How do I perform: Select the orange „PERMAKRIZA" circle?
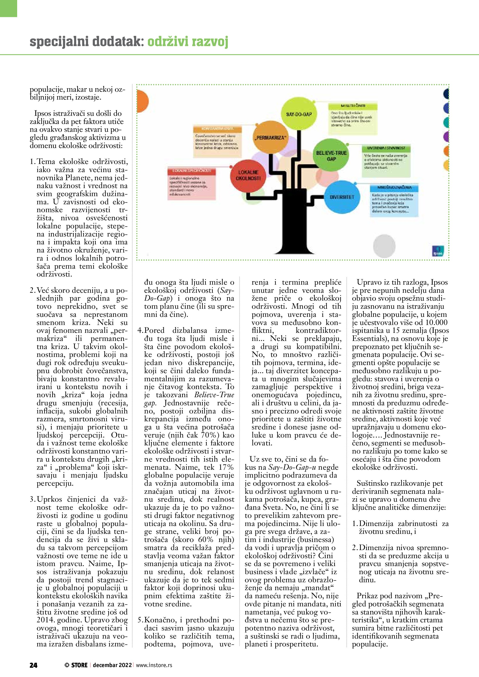click(x=270, y=138)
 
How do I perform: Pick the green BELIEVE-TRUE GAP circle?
click(x=331, y=156)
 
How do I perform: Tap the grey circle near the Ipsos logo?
click(x=384, y=245)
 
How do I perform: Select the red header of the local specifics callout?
click(x=191, y=171)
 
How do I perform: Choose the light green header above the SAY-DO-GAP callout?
click(x=353, y=106)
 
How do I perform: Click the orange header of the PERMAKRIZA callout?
click(x=217, y=129)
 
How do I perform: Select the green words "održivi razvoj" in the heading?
click(x=187, y=42)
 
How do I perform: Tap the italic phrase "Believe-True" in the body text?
click(x=214, y=395)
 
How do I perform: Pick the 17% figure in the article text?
click(x=226, y=467)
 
